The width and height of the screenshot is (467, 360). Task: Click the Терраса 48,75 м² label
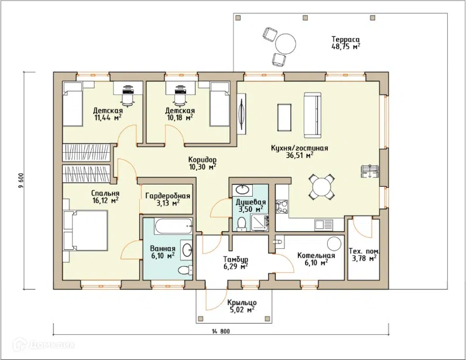pyautogui.click(x=346, y=43)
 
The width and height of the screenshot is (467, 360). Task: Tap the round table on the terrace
pyautogui.click(x=286, y=44)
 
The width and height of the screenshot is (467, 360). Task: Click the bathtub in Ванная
pyautogui.click(x=173, y=226)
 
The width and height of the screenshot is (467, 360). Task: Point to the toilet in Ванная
pyautogui.click(x=186, y=270)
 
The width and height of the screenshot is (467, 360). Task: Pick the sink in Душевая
pyautogui.click(x=243, y=188)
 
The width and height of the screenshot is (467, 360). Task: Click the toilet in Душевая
pyautogui.click(x=242, y=224)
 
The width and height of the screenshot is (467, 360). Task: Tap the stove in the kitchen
pyautogui.click(x=281, y=207)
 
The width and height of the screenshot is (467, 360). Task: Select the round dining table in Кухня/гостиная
pyautogui.click(x=321, y=187)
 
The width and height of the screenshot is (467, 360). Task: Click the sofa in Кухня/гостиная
pyautogui.click(x=313, y=115)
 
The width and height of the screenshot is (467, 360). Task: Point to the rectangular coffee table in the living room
pyautogui.click(x=284, y=118)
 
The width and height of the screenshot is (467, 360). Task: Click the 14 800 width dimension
pyautogui.click(x=221, y=331)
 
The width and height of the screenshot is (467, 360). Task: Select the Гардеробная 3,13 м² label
pyautogui.click(x=168, y=200)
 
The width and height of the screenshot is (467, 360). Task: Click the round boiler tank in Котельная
pyautogui.click(x=334, y=244)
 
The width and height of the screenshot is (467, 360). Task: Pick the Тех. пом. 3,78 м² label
pyautogui.click(x=364, y=254)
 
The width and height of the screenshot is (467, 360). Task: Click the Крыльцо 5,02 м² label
pyautogui.click(x=242, y=306)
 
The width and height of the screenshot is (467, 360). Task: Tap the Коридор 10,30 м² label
pyautogui.click(x=202, y=163)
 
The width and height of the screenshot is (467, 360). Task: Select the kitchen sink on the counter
pyautogui.click(x=324, y=225)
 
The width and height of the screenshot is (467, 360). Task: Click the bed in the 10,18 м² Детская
pyautogui.click(x=220, y=104)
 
